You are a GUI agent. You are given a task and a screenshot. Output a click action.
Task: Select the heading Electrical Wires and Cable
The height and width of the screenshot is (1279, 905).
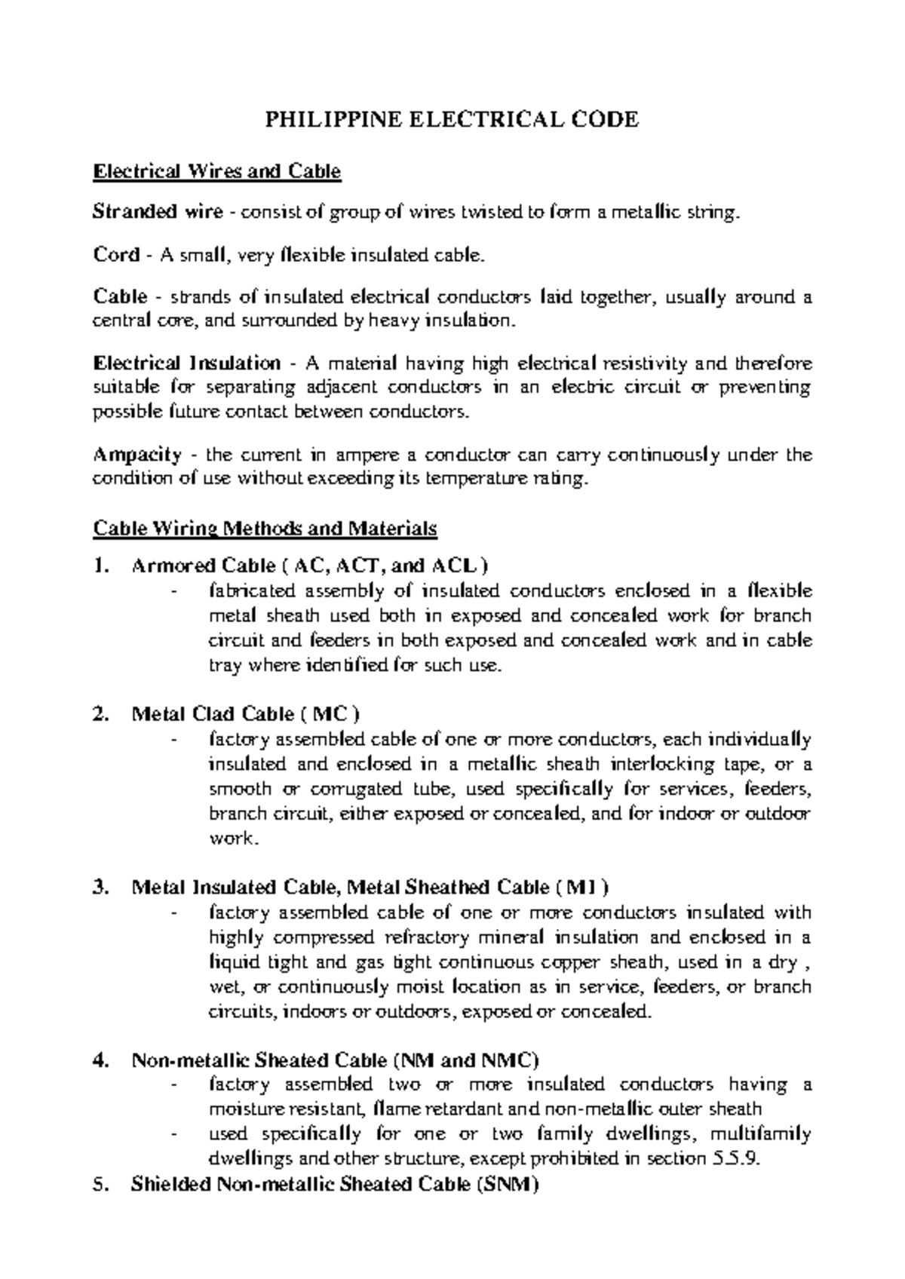[216, 172]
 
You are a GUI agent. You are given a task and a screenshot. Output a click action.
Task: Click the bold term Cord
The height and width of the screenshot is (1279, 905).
[116, 255]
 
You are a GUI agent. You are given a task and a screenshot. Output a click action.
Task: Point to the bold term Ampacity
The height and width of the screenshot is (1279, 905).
[137, 455]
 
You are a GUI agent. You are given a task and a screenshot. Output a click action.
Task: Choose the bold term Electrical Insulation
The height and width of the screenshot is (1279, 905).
[186, 363]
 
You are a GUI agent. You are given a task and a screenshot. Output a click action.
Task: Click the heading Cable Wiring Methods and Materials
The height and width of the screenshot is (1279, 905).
[265, 529]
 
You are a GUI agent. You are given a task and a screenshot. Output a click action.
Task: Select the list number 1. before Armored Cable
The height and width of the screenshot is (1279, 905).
[101, 566]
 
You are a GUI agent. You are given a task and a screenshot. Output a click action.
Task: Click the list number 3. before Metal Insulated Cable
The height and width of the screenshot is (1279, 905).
[101, 888]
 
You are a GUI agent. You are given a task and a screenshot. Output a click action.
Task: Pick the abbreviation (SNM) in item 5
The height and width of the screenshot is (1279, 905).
[508, 1185]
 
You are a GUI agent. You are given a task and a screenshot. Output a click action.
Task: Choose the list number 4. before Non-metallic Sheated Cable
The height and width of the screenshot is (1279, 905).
[101, 1061]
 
